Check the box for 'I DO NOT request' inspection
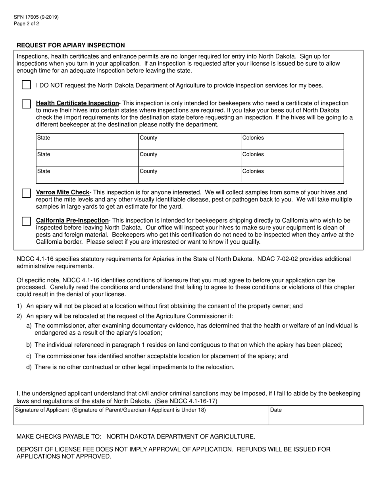pyautogui.click(x=26, y=85)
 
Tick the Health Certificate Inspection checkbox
pyautogui.click(x=26, y=104)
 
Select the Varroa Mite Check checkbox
pyautogui.click(x=26, y=193)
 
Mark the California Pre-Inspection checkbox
pyautogui.click(x=26, y=221)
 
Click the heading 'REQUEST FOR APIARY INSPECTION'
pyautogui.click(x=71, y=45)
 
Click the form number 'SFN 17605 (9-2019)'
pyautogui.click(x=36, y=17)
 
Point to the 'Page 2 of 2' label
pyautogui.click(x=26, y=23)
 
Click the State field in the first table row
pyautogui.click(x=87, y=142)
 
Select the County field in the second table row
pyautogui.click(x=189, y=159)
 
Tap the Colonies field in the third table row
pyautogui.click(x=292, y=175)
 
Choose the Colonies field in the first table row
pyautogui.click(x=292, y=142)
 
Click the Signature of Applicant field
pyautogui.click(x=141, y=415)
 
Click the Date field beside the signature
pyautogui.click(x=315, y=415)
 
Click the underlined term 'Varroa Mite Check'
pyautogui.click(x=63, y=192)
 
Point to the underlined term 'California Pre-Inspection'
pyautogui.click(x=72, y=220)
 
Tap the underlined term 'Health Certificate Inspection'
pyautogui.click(x=77, y=103)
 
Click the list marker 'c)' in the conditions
pyautogui.click(x=29, y=356)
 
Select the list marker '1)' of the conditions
pyautogui.click(x=19, y=306)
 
